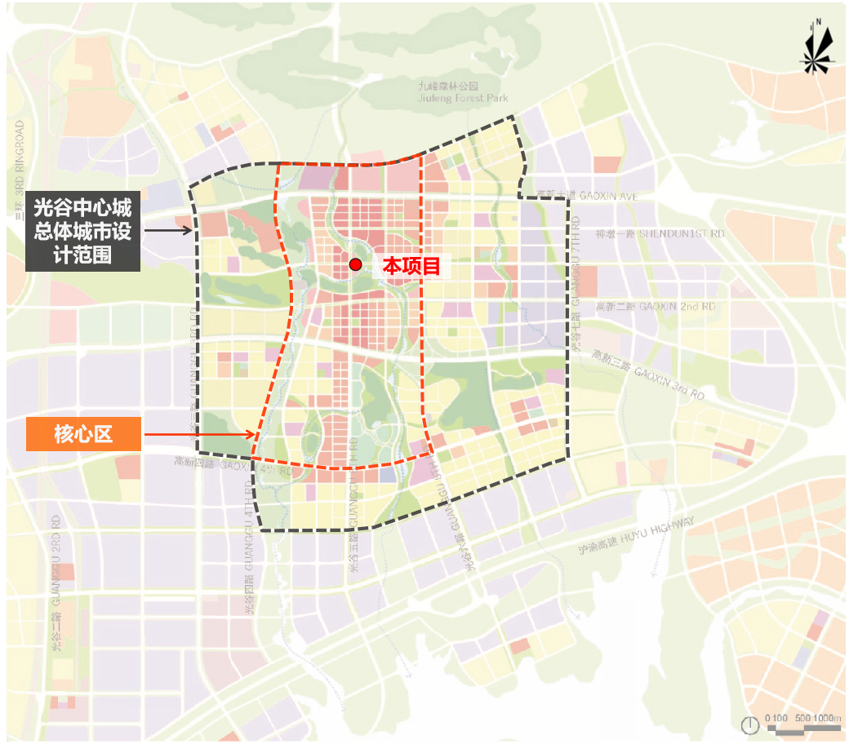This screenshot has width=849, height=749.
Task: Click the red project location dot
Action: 355,264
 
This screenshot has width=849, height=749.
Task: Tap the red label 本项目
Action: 412,265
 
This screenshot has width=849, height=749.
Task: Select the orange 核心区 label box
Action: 84,434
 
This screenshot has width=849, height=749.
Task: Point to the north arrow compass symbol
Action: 817,49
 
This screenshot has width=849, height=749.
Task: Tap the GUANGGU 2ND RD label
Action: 56,583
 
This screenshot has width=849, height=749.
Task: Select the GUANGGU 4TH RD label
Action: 249,547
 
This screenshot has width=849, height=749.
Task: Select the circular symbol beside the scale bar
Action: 749,724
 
